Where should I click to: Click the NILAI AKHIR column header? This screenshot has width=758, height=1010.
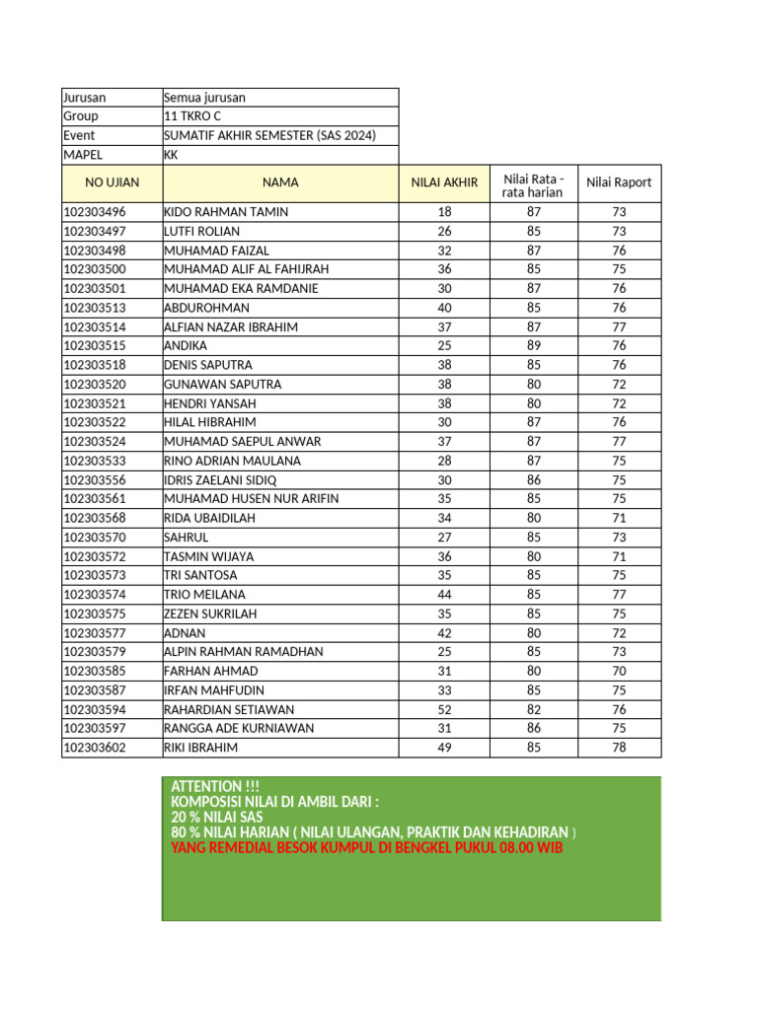click(x=444, y=182)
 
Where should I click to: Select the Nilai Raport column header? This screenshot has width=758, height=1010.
click(x=619, y=182)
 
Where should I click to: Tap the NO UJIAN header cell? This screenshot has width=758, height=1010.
click(x=113, y=182)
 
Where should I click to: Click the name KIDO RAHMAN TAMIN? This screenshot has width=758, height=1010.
click(x=226, y=212)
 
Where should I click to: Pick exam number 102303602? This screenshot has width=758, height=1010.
click(x=95, y=748)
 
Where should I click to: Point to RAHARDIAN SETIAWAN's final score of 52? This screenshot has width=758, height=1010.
click(x=444, y=709)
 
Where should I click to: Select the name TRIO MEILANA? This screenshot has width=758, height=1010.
click(x=204, y=595)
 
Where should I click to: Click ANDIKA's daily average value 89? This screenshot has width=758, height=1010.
click(x=533, y=346)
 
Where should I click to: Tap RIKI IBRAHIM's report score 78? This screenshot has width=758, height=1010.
click(x=619, y=748)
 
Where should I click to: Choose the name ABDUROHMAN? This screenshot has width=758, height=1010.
click(x=206, y=308)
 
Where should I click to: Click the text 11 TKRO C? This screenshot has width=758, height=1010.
click(x=192, y=116)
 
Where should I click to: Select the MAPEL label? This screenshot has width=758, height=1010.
click(x=83, y=155)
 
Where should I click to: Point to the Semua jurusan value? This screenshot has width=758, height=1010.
click(x=204, y=98)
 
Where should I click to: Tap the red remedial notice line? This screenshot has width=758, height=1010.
click(x=367, y=848)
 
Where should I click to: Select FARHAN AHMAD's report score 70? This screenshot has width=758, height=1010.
click(x=619, y=671)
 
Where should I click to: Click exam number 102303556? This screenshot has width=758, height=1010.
click(x=95, y=480)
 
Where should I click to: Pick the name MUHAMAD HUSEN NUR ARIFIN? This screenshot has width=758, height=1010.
click(x=251, y=499)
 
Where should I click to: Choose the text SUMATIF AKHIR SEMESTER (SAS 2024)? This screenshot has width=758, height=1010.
click(x=269, y=136)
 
